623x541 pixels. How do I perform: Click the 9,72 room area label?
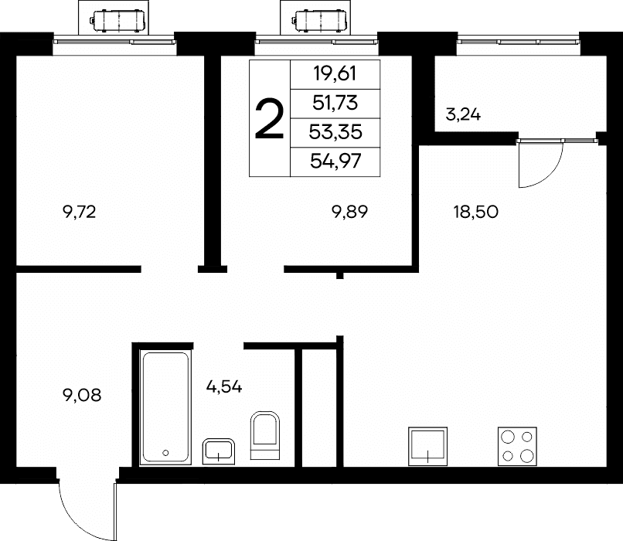tap(80, 212)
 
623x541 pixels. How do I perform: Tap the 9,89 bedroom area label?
tap(350, 212)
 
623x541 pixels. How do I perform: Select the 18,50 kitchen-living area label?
tap(476, 212)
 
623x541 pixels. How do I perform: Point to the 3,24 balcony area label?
tap(463, 115)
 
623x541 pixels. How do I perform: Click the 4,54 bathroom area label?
tap(224, 386)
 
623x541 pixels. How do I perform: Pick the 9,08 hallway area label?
tap(82, 395)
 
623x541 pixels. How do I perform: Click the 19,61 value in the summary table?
tap(335, 74)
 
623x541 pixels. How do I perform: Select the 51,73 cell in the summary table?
tap(335, 103)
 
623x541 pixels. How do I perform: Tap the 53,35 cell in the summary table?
tap(335, 132)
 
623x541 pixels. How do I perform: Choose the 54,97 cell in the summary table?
tap(335, 162)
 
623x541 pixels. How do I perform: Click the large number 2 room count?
tap(270, 119)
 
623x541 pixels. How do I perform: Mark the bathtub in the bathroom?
tap(165, 408)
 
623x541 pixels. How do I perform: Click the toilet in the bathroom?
tap(265, 435)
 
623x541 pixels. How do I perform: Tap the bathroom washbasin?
tap(219, 451)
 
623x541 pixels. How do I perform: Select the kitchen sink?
tap(428, 446)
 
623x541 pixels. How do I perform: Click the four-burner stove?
tap(517, 446)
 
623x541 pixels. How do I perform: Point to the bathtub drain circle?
tap(165, 453)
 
